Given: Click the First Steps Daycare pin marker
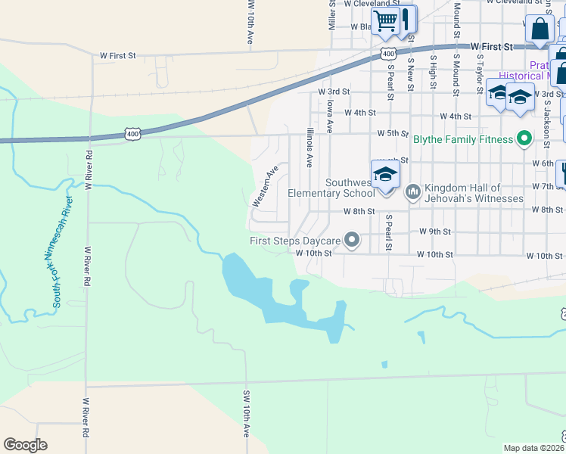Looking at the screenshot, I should click(x=352, y=241).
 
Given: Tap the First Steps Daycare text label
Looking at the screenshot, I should click(x=296, y=241).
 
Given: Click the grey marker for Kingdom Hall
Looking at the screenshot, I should click(x=412, y=192).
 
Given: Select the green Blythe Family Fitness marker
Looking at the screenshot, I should click(x=523, y=138).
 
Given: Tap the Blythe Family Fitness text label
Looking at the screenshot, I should click(x=463, y=139).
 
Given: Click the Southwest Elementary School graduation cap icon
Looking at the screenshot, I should click(x=385, y=175).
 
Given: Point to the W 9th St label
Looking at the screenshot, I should click(x=436, y=232).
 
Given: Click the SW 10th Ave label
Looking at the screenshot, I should click(x=247, y=414).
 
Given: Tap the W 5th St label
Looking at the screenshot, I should click(x=393, y=133).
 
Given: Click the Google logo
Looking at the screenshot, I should click(x=26, y=445).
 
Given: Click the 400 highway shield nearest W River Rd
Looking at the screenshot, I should click(x=133, y=134).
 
